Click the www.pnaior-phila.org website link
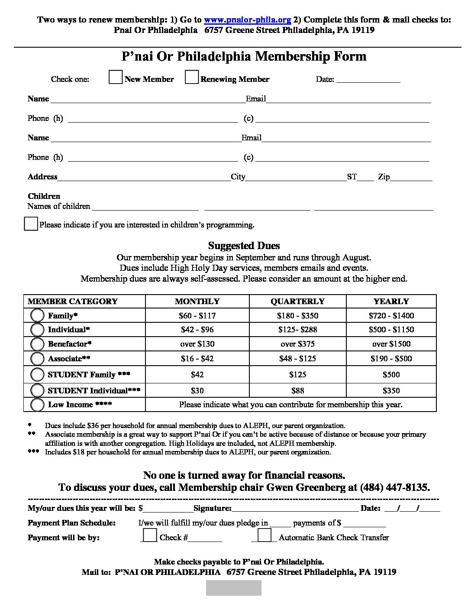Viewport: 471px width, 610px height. coord(247,20)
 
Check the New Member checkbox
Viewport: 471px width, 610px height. coord(115,77)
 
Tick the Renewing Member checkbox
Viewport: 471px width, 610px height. coord(191,77)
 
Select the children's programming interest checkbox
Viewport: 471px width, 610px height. coord(31,224)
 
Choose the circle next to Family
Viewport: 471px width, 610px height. coord(38,315)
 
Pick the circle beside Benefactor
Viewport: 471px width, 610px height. coord(38,344)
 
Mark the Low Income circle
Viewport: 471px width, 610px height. coord(38,405)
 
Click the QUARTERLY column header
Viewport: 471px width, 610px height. coord(297,302)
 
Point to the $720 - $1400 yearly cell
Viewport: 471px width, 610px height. coord(391,316)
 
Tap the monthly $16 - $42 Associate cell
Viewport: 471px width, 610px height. coord(197,359)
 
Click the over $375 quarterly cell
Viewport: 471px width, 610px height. coord(297,344)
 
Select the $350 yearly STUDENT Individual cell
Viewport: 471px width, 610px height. coord(391,391)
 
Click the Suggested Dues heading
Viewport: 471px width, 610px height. coord(244,246)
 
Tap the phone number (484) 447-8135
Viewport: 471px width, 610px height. coord(395,487)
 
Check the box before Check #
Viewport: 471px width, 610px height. coord(150,535)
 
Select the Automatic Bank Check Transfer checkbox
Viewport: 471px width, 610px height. coord(265,535)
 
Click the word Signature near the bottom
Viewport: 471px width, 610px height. coord(213,508)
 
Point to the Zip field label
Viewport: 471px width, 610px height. coord(384,177)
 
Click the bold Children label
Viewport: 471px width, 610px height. coord(44,196)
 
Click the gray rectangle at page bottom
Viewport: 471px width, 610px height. coord(234,588)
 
